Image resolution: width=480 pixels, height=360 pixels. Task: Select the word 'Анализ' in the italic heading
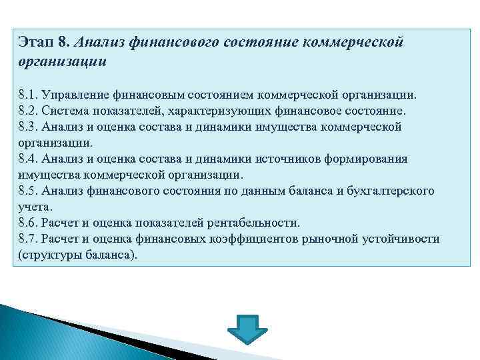click(99, 43)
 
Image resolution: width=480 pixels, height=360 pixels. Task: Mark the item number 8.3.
click(28, 127)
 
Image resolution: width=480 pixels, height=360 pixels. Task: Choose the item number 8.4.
click(28, 159)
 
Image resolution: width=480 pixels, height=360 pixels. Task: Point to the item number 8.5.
click(28, 191)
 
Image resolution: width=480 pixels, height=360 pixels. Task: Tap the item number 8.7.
click(28, 239)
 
